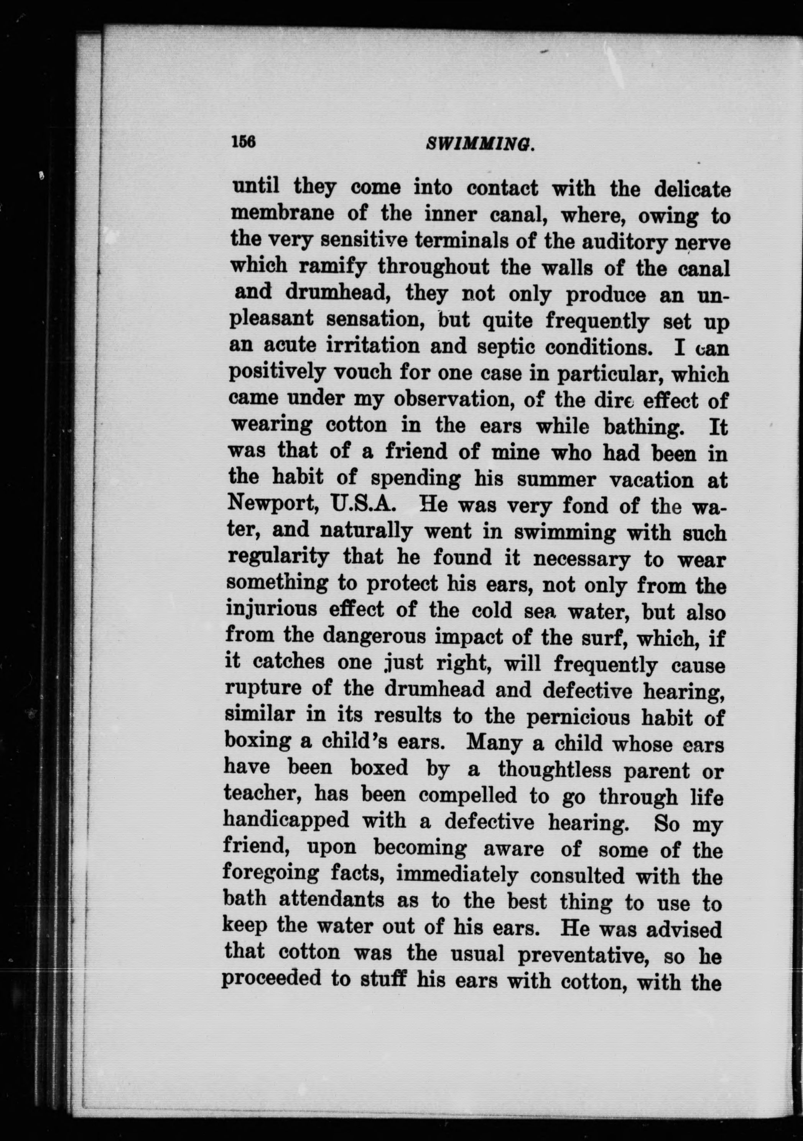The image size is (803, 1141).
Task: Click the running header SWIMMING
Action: (x=480, y=145)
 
